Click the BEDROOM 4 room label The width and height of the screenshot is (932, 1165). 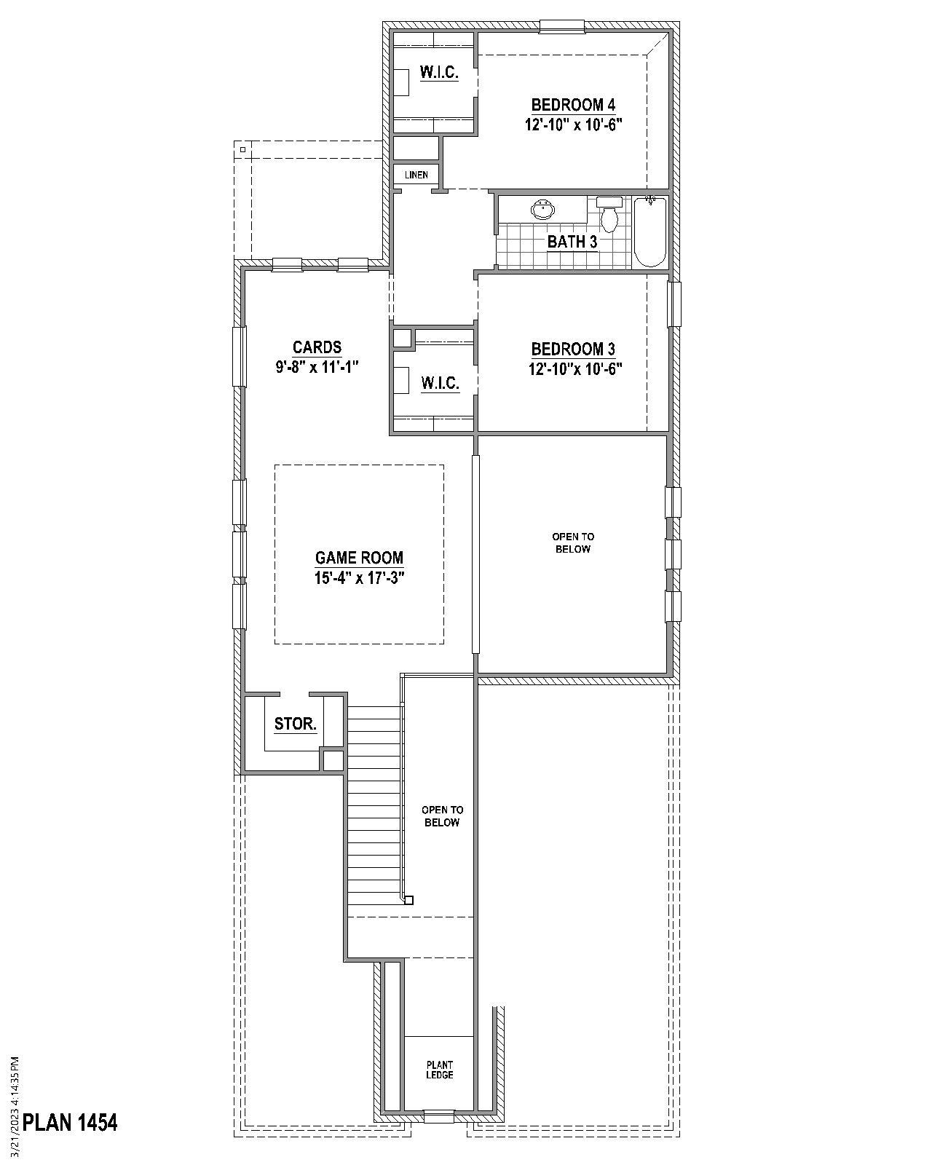click(x=573, y=105)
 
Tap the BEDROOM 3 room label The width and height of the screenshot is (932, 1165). click(x=573, y=349)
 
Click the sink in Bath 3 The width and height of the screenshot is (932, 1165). click(x=542, y=210)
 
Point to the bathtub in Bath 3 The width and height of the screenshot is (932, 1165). click(x=649, y=231)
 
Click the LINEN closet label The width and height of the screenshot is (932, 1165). click(x=416, y=175)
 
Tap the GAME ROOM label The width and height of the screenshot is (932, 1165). click(x=359, y=558)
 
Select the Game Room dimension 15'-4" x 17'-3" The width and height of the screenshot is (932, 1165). click(x=359, y=578)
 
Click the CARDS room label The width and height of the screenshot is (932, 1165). click(x=317, y=347)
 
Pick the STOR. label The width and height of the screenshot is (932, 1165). click(x=295, y=724)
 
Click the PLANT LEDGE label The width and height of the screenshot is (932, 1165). click(x=439, y=1070)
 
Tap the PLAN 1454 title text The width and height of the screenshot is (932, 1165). click(x=70, y=1122)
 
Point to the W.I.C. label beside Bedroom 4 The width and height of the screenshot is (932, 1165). click(x=439, y=72)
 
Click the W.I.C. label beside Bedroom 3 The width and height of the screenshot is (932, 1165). click(x=440, y=383)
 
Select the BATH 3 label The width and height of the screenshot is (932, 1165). click(x=572, y=242)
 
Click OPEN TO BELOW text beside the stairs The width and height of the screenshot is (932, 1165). click(x=442, y=815)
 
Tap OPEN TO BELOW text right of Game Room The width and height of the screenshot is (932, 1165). click(x=572, y=542)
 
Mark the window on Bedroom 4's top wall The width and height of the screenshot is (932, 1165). click(x=561, y=27)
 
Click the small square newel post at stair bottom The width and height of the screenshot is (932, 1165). click(x=408, y=900)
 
